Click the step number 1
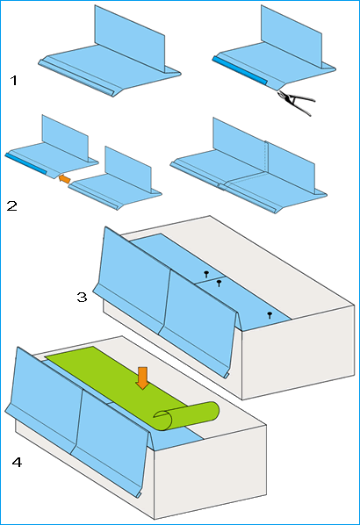[14, 81]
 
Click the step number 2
[11, 205]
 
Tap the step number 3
[82, 297]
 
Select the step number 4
[17, 463]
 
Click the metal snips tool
[297, 102]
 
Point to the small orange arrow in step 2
[64, 179]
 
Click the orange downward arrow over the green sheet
[142, 378]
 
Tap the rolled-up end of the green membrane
[186, 416]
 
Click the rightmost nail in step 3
[270, 314]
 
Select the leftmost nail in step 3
[206, 274]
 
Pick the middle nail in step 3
[219, 283]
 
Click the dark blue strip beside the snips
[240, 70]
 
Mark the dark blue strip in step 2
[25, 163]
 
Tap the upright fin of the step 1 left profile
[130, 39]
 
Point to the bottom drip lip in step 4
[139, 494]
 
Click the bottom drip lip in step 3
[227, 376]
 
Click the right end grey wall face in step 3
[298, 352]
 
